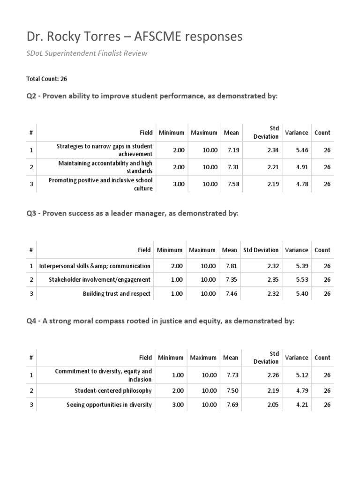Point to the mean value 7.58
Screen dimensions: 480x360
pyautogui.click(x=231, y=184)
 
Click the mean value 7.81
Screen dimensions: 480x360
pyautogui.click(x=229, y=266)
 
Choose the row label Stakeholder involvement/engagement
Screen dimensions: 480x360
pyautogui.click(x=100, y=280)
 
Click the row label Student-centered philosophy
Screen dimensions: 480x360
pyautogui.click(x=113, y=390)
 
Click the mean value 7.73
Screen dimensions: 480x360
pyautogui.click(x=231, y=375)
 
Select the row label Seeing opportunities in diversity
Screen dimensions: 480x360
pyautogui.click(x=109, y=405)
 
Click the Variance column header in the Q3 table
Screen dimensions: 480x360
pyautogui.click(x=296, y=250)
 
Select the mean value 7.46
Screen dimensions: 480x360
pyautogui.click(x=229, y=294)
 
